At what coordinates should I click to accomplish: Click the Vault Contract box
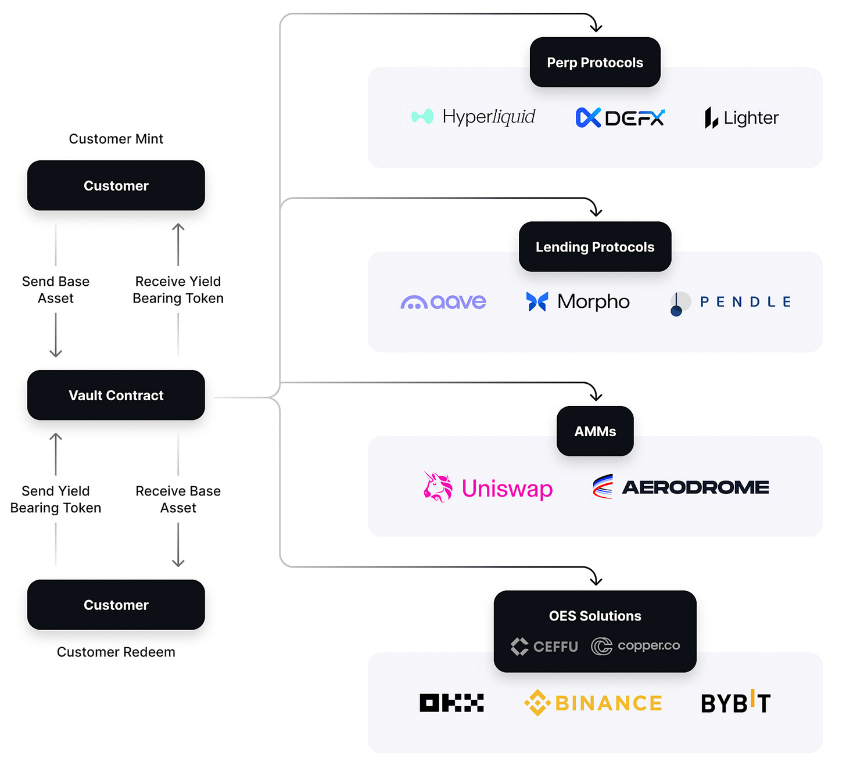click(x=116, y=395)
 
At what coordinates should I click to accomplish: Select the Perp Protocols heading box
click(x=595, y=62)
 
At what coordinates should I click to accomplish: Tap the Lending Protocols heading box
click(x=595, y=247)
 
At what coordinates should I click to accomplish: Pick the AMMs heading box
click(x=595, y=431)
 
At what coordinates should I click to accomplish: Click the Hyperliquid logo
click(x=474, y=117)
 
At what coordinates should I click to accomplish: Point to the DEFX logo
click(x=619, y=118)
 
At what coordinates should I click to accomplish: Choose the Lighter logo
click(x=741, y=118)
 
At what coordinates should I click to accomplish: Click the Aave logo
click(x=443, y=302)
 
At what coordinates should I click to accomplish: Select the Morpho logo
click(x=578, y=301)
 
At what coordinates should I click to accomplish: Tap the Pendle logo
click(x=731, y=302)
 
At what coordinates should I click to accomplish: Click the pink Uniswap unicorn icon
click(x=438, y=487)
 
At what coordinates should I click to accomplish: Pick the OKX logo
click(x=451, y=703)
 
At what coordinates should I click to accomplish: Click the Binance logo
click(x=593, y=703)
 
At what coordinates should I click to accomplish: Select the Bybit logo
click(x=736, y=703)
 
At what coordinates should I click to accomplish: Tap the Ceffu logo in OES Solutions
click(x=544, y=647)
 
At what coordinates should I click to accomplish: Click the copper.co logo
click(x=636, y=646)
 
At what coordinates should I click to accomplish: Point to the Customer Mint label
click(x=116, y=139)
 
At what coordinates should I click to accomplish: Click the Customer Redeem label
click(x=116, y=652)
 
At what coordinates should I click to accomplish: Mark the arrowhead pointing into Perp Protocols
click(x=596, y=27)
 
